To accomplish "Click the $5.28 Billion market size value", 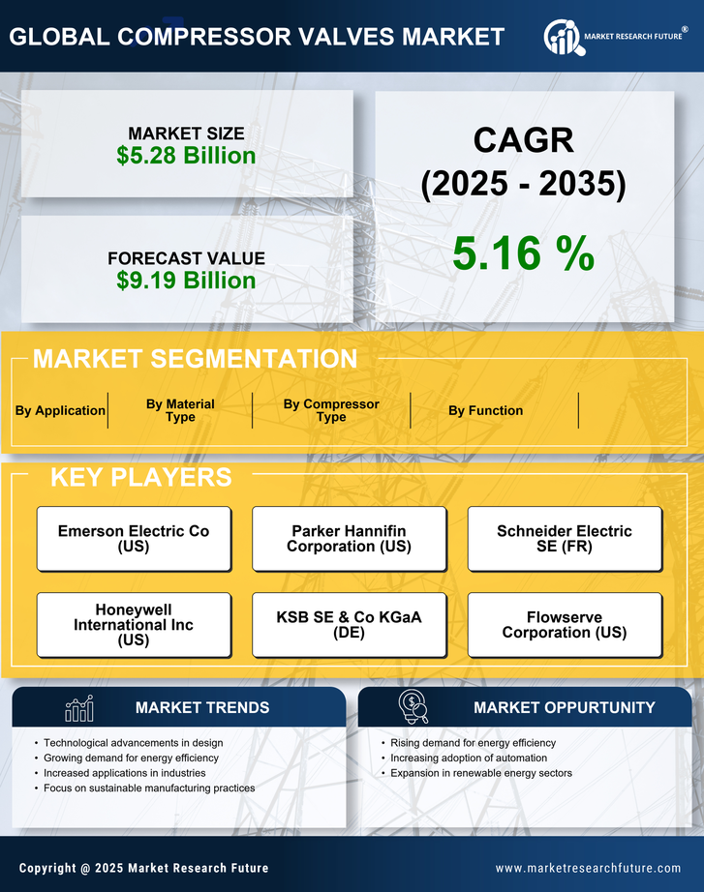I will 186,156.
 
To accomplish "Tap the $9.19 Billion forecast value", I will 186,281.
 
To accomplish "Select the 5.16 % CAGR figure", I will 523,254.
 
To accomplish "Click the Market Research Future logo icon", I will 562,37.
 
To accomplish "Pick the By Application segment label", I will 60,410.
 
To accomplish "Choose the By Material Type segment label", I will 180,410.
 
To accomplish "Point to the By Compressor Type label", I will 331,410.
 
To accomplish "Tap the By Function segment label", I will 485,410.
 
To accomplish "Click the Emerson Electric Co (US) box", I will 134,539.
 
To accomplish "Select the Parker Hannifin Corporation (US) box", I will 349,539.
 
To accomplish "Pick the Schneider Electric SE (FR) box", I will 565,539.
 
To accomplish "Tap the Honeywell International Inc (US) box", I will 134,625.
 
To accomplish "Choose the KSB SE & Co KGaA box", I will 349,625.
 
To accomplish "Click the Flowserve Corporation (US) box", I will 565,625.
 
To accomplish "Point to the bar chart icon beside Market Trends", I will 79,708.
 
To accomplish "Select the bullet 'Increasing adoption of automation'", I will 469,758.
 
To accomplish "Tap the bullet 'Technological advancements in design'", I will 134,743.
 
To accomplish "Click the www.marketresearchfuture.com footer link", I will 588,868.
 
